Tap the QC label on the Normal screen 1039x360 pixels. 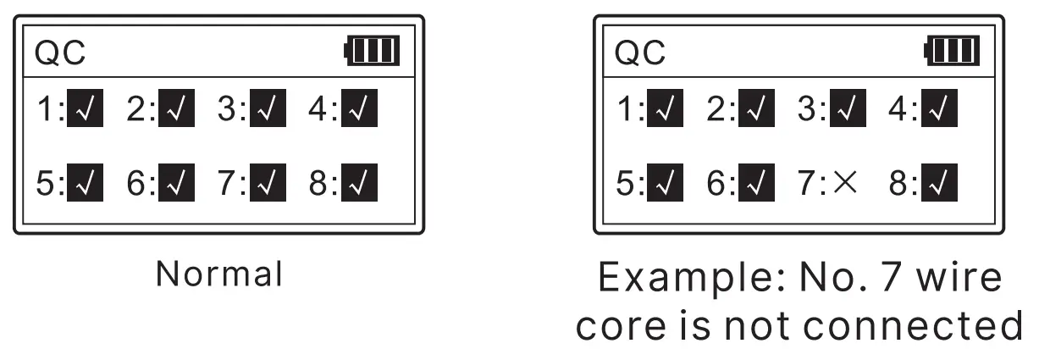pyautogui.click(x=60, y=55)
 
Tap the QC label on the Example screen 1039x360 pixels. pyautogui.click(x=640, y=55)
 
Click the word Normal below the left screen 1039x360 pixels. pyautogui.click(x=218, y=274)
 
